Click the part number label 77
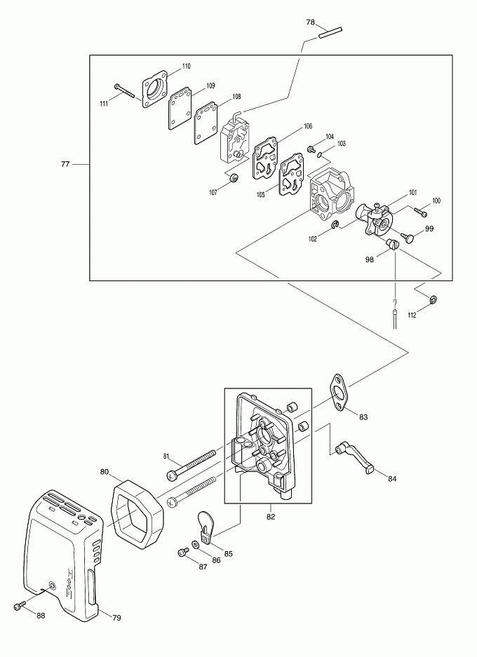pos(65,164)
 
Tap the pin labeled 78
pos(330,33)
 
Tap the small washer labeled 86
pos(196,545)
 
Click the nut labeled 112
pos(434,299)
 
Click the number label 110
pos(186,66)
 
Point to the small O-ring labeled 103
pos(320,156)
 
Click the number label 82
pos(271,517)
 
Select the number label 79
pos(116,617)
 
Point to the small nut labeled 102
pos(335,225)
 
